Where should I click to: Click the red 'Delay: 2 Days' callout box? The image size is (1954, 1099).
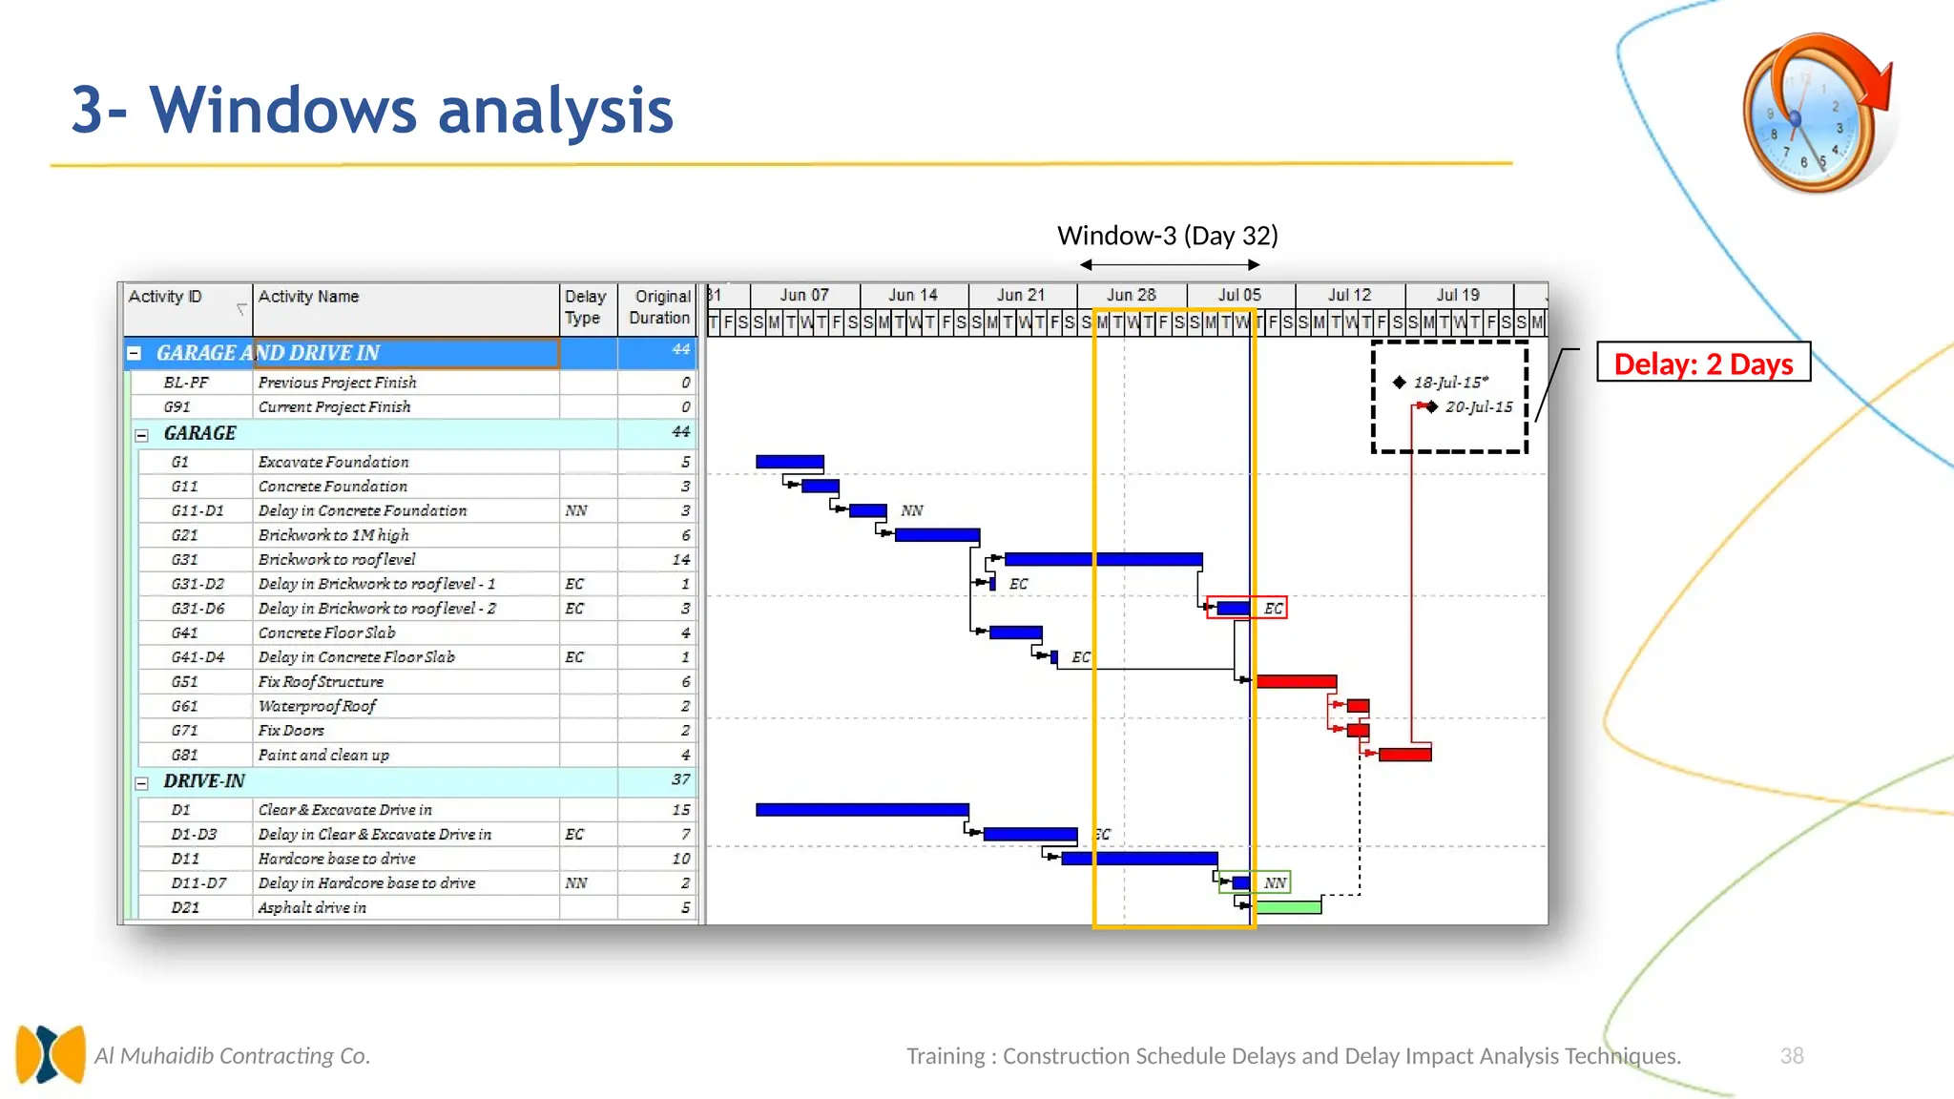(x=1703, y=363)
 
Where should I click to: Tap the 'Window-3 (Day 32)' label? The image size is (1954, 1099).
(x=1167, y=236)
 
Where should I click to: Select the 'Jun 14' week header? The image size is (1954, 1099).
(x=913, y=296)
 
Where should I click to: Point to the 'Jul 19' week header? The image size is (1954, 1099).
(x=1458, y=296)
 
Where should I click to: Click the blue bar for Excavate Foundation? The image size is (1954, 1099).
(x=789, y=462)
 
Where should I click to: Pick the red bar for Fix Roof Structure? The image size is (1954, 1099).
(x=1296, y=681)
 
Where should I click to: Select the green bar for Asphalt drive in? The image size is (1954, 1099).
(x=1288, y=907)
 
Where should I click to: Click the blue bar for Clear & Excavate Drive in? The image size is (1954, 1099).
(x=862, y=810)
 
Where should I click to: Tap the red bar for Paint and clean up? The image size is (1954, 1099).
(x=1404, y=755)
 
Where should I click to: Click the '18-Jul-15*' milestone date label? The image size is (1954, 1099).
(x=1450, y=383)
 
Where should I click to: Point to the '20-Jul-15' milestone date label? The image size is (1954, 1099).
(x=1478, y=407)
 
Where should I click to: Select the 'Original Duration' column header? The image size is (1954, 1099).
(x=660, y=307)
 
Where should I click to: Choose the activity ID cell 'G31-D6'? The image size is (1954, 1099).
(x=197, y=609)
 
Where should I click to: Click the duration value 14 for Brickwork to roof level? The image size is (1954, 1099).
(x=680, y=560)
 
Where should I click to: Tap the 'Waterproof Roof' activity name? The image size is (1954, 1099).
(x=317, y=706)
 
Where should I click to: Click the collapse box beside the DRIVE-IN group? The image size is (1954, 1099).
(x=141, y=783)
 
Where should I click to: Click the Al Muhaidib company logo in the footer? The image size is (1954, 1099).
(x=50, y=1053)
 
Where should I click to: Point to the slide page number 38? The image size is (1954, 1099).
(x=1791, y=1056)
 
